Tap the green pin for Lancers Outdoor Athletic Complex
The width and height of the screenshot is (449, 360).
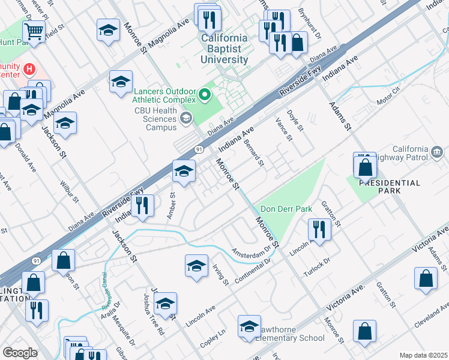(205, 95)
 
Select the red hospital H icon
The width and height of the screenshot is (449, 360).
(28, 70)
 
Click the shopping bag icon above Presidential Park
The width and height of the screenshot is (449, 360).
(365, 167)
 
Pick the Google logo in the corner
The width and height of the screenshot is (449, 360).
(20, 353)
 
